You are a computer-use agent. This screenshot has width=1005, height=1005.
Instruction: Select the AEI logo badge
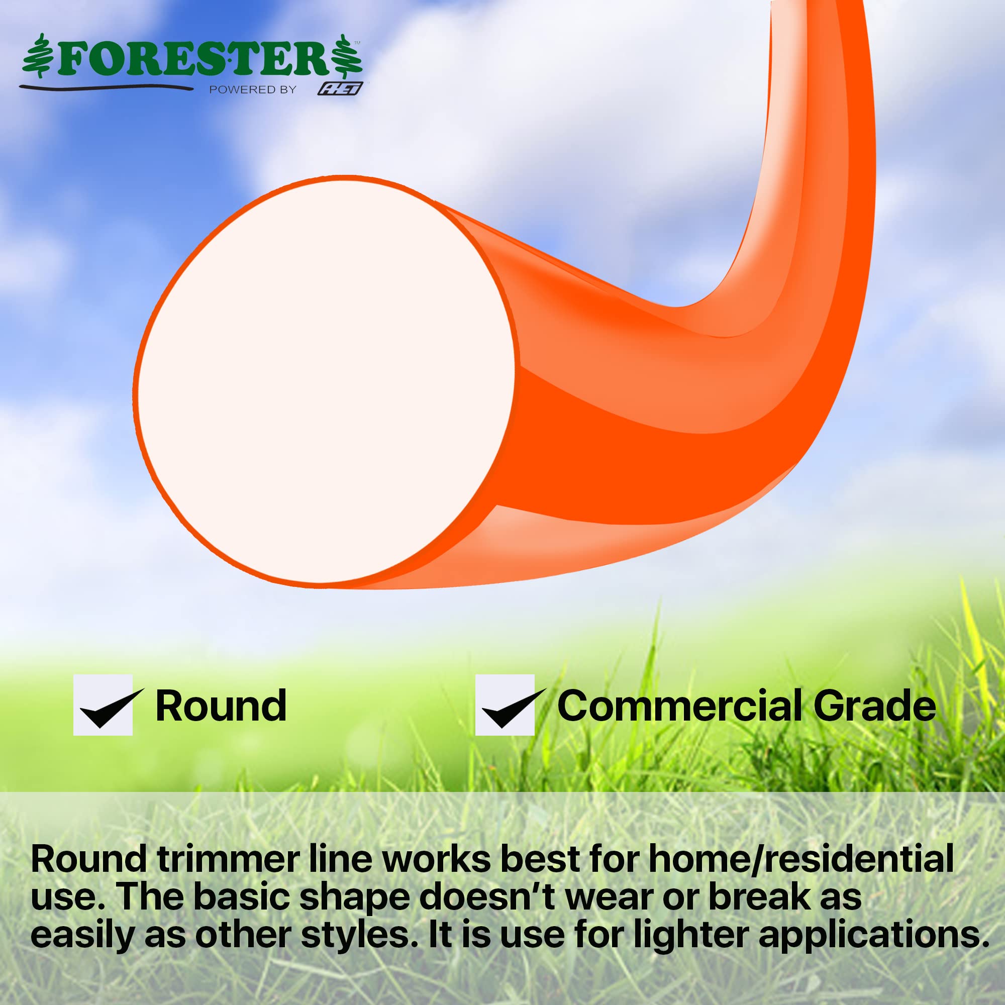340,89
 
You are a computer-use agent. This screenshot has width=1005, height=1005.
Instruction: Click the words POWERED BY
253,90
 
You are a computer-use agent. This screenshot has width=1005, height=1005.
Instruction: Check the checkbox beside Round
103,705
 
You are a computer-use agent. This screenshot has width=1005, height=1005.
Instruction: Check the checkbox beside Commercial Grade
505,705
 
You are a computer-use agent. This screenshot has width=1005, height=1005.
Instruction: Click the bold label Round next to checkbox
221,706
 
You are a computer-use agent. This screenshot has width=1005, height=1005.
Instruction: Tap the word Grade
874,706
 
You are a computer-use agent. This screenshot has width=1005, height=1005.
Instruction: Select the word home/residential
801,859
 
